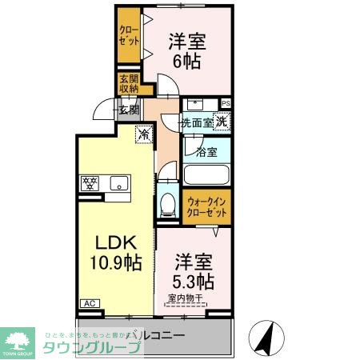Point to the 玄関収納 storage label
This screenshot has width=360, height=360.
click(x=129, y=83)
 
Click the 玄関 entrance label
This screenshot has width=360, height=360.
click(x=129, y=110)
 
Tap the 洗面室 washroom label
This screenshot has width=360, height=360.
click(x=195, y=123)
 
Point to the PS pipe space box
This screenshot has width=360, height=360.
click(x=226, y=103)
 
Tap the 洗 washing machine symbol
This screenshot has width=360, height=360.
click(x=222, y=122)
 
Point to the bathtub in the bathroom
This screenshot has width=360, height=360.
click(x=207, y=176)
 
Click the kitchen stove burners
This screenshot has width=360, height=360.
click(x=89, y=183)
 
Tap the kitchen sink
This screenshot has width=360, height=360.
click(x=118, y=183)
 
